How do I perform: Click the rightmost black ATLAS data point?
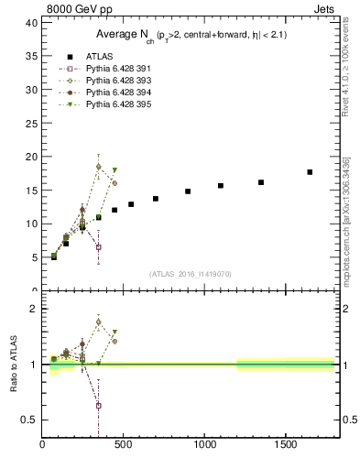tap(310, 171)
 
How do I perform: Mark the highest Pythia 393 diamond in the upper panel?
tap(98, 167)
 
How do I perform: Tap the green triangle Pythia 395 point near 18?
tap(115, 170)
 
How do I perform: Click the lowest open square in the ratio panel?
tap(98, 405)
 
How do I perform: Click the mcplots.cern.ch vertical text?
tap(345, 229)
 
